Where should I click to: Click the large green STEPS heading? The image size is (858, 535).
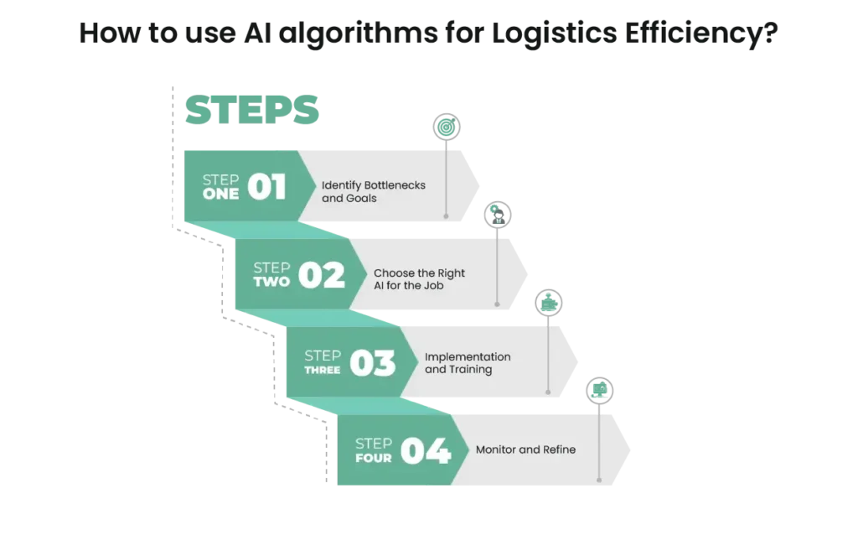click(x=251, y=110)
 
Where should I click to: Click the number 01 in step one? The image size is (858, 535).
click(x=266, y=187)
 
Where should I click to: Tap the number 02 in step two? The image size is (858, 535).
click(x=322, y=275)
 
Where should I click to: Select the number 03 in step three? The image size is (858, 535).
click(x=373, y=363)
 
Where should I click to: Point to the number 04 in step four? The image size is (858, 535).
click(x=426, y=450)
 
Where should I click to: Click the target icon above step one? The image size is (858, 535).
click(x=447, y=127)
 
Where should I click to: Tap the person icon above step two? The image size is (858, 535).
click(x=498, y=215)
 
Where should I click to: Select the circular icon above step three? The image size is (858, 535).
click(x=549, y=303)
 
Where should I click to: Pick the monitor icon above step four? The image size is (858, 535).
click(x=600, y=391)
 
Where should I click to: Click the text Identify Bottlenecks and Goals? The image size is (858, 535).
click(x=373, y=192)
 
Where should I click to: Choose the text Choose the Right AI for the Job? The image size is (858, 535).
click(x=419, y=279)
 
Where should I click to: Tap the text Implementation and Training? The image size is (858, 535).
click(x=468, y=363)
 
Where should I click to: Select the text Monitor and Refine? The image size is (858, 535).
click(x=525, y=449)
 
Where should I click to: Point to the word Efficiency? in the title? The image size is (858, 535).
click(x=701, y=34)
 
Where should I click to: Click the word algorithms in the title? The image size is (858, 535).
click(x=359, y=34)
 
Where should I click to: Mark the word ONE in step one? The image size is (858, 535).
click(x=220, y=195)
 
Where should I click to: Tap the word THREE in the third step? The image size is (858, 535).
click(x=323, y=370)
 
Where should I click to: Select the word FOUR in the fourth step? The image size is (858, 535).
click(x=373, y=458)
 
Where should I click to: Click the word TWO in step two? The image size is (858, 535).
click(x=271, y=282)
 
